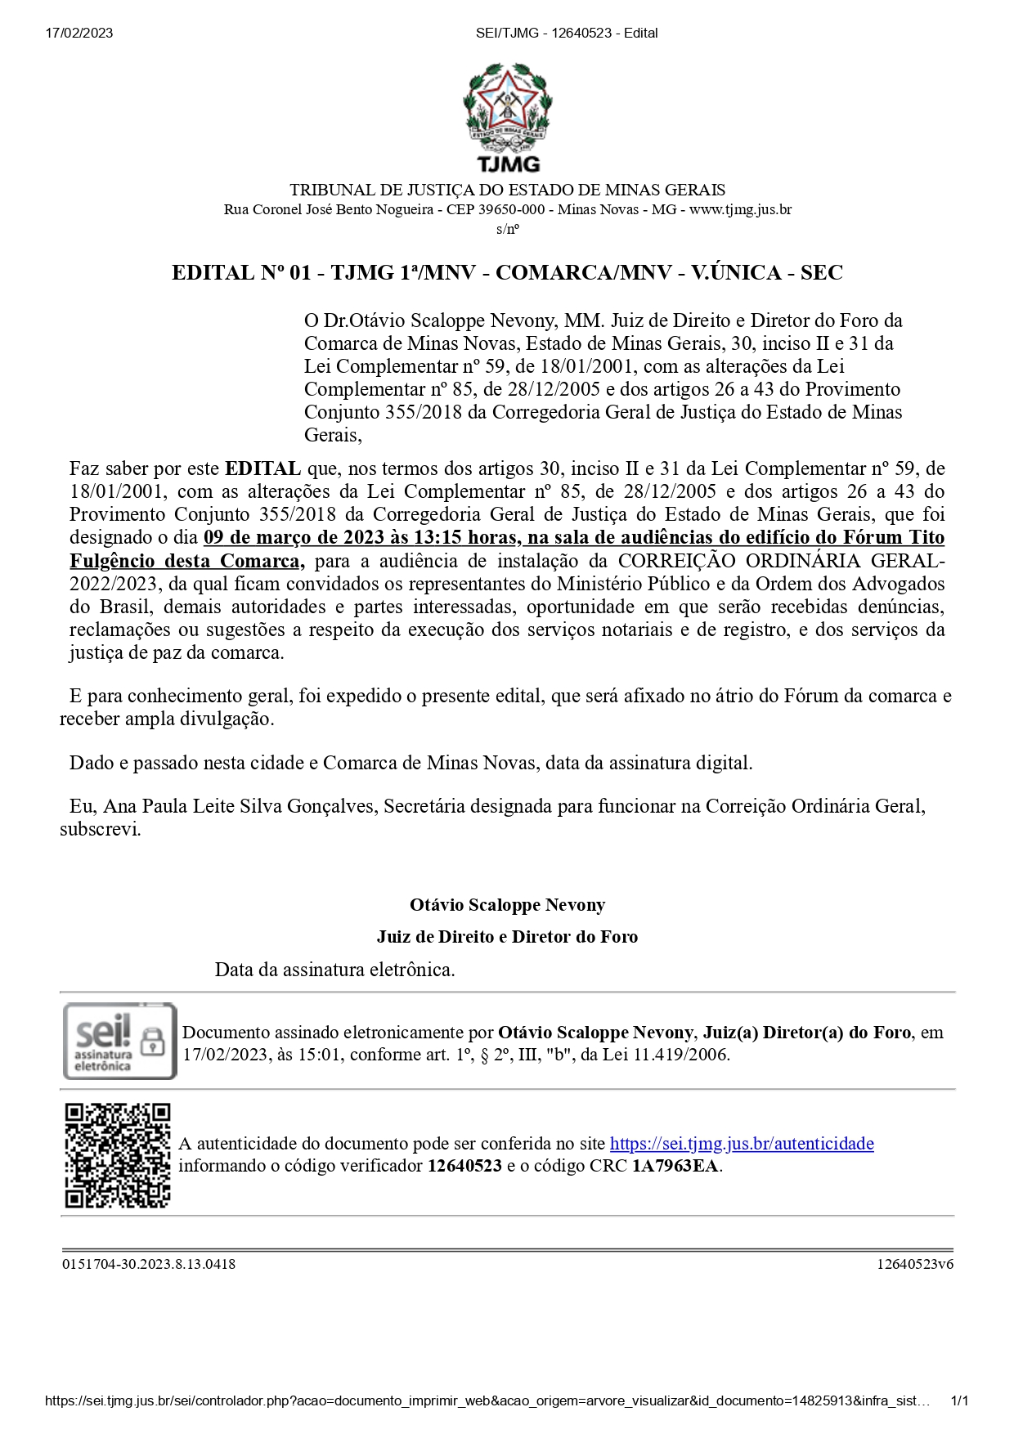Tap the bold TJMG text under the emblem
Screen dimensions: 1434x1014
(x=508, y=165)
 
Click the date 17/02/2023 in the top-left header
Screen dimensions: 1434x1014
(x=79, y=34)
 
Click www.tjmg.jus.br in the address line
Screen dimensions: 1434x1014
(x=740, y=210)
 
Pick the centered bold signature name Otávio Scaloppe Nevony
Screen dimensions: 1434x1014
(x=507, y=905)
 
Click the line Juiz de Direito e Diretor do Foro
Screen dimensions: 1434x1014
(x=507, y=937)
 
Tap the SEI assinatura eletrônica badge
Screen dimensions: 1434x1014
(x=119, y=1042)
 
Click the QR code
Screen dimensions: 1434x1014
(x=118, y=1155)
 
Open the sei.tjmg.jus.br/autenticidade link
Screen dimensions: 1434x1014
(x=742, y=1144)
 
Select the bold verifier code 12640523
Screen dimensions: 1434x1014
(x=464, y=1166)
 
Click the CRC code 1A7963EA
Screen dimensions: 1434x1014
(x=675, y=1166)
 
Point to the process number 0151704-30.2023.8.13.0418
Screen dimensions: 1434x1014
(x=149, y=1264)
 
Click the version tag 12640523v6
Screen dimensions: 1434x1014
(x=915, y=1264)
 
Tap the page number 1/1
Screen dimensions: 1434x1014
(x=959, y=1400)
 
